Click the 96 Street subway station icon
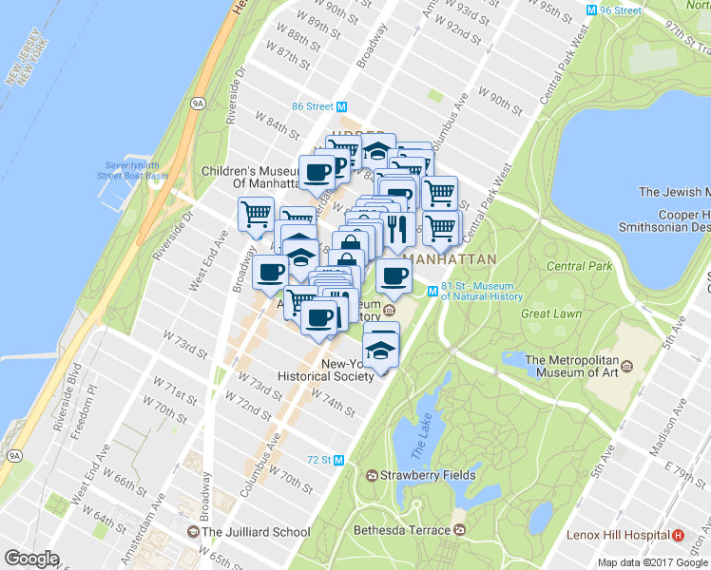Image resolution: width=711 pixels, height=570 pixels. point(593,10)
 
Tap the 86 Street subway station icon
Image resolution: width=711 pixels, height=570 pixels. point(340,106)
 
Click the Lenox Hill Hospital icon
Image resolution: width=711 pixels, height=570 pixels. point(679,536)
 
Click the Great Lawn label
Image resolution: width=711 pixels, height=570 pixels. point(551,313)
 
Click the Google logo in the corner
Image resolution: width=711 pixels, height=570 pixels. point(32,559)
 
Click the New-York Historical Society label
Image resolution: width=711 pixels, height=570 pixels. point(326,370)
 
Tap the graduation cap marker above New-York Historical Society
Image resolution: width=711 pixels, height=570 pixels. point(381,346)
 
